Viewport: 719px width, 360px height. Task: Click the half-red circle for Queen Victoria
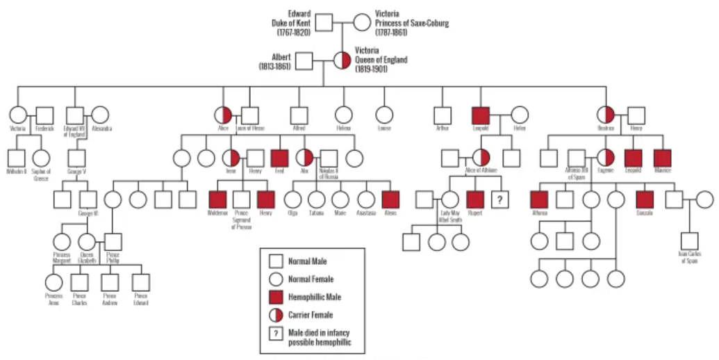pyautogui.click(x=342, y=60)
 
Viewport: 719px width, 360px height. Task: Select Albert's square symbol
pyautogui.click(x=304, y=61)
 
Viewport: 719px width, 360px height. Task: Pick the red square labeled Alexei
pyautogui.click(x=390, y=199)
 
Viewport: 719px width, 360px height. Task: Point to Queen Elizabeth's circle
pyautogui.click(x=87, y=242)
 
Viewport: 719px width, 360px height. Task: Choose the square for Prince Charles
pyautogui.click(x=80, y=282)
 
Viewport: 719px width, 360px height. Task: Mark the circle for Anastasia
pyautogui.click(x=366, y=199)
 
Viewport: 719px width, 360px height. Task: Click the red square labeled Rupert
pyautogui.click(x=475, y=199)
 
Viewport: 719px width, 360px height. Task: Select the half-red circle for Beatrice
pyautogui.click(x=606, y=115)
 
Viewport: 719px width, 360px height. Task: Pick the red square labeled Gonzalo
pyautogui.click(x=645, y=199)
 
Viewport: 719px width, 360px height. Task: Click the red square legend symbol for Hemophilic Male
pyautogui.click(x=276, y=297)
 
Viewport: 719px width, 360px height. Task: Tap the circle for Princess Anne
pyautogui.click(x=53, y=282)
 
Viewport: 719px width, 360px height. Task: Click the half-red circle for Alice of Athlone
pyautogui.click(x=481, y=158)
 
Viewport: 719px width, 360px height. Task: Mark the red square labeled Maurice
pyautogui.click(x=662, y=158)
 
